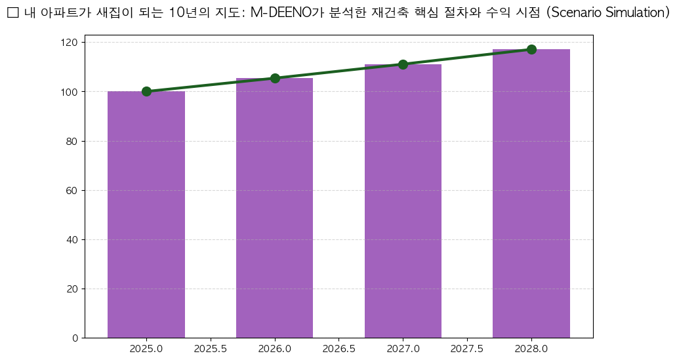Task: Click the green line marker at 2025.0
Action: [x=146, y=92]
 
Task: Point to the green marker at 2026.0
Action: [x=275, y=78]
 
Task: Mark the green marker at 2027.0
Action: [x=403, y=64]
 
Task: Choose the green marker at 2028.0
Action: [x=531, y=49]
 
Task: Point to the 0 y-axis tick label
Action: [x=75, y=338]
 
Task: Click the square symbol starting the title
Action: [x=12, y=12]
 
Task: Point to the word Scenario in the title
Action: [x=573, y=12]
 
